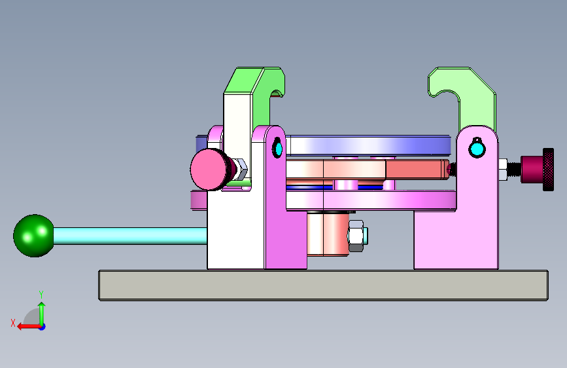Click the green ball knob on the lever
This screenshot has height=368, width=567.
[33, 236]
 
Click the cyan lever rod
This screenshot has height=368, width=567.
[130, 236]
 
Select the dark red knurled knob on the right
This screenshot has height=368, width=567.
[538, 169]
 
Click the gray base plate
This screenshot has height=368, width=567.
[324, 285]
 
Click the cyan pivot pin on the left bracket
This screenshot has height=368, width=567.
[278, 148]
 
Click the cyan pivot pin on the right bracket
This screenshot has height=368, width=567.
[477, 149]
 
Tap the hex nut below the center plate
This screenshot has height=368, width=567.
[356, 236]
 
